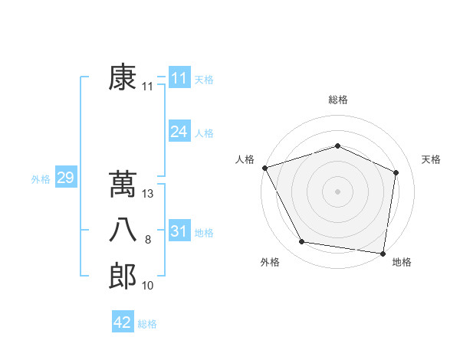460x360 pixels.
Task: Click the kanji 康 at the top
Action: click(x=123, y=78)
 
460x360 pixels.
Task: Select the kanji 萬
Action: click(x=123, y=185)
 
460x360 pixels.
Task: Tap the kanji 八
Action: click(x=123, y=231)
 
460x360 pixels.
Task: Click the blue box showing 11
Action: click(x=179, y=78)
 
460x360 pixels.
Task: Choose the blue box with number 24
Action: click(x=179, y=132)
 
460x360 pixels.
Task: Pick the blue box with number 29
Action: click(x=65, y=178)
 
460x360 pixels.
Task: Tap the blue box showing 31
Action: click(x=179, y=231)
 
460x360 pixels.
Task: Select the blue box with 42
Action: click(x=123, y=322)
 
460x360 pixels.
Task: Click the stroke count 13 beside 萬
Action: click(x=148, y=195)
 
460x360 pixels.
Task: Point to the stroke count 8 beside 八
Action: click(x=148, y=241)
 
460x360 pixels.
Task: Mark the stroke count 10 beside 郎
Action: click(x=148, y=286)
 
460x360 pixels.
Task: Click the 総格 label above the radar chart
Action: click(x=338, y=100)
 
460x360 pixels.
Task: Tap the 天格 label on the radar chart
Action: click(x=432, y=159)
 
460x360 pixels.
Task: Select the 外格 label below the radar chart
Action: click(x=270, y=263)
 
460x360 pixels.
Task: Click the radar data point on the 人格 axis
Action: click(x=264, y=168)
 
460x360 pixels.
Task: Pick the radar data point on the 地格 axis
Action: click(x=383, y=253)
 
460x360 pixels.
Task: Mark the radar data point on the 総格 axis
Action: click(x=337, y=146)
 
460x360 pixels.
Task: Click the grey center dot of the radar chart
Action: click(x=337, y=191)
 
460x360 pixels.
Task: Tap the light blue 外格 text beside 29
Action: click(x=41, y=179)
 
